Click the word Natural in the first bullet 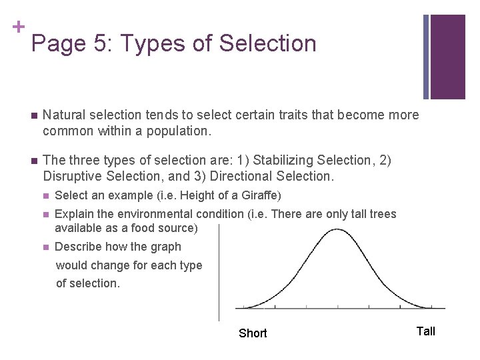pos(64,115)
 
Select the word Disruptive pos(72,177)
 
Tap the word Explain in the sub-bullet pos(75,214)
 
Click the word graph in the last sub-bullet pos(166,247)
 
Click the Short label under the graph pos(253,333)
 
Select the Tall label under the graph pos(425,331)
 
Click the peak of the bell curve pos(337,229)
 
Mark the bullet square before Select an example pos(45,196)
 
